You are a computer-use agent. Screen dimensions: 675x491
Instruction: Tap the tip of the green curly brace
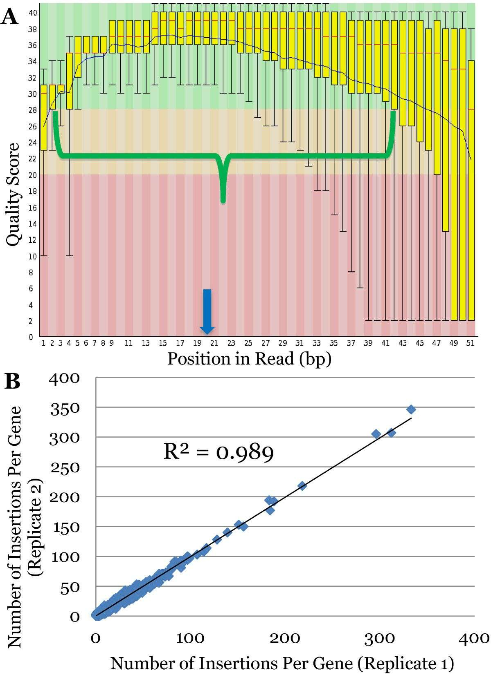coord(223,201)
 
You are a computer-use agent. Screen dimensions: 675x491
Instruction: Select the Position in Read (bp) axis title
coord(249,359)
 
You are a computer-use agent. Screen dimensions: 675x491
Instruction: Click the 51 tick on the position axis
coord(471,343)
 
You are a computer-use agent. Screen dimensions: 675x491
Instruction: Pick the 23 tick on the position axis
coord(231,343)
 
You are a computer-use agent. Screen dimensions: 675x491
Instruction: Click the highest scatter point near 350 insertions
coord(411,409)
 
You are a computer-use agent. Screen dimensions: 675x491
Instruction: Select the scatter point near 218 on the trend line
coord(302,486)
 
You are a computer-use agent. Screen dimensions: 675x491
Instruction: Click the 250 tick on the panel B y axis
coord(64,467)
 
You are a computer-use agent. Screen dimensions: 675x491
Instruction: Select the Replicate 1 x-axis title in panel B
coord(282,663)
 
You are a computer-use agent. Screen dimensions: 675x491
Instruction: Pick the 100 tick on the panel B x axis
coord(190,638)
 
